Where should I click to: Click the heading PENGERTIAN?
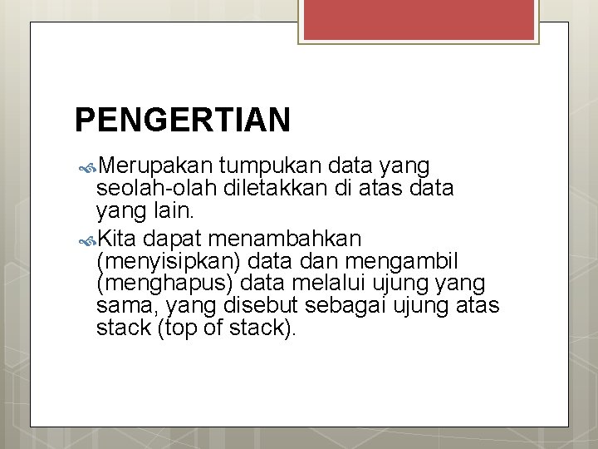[x=183, y=120]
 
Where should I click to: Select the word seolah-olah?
[x=145, y=188]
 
